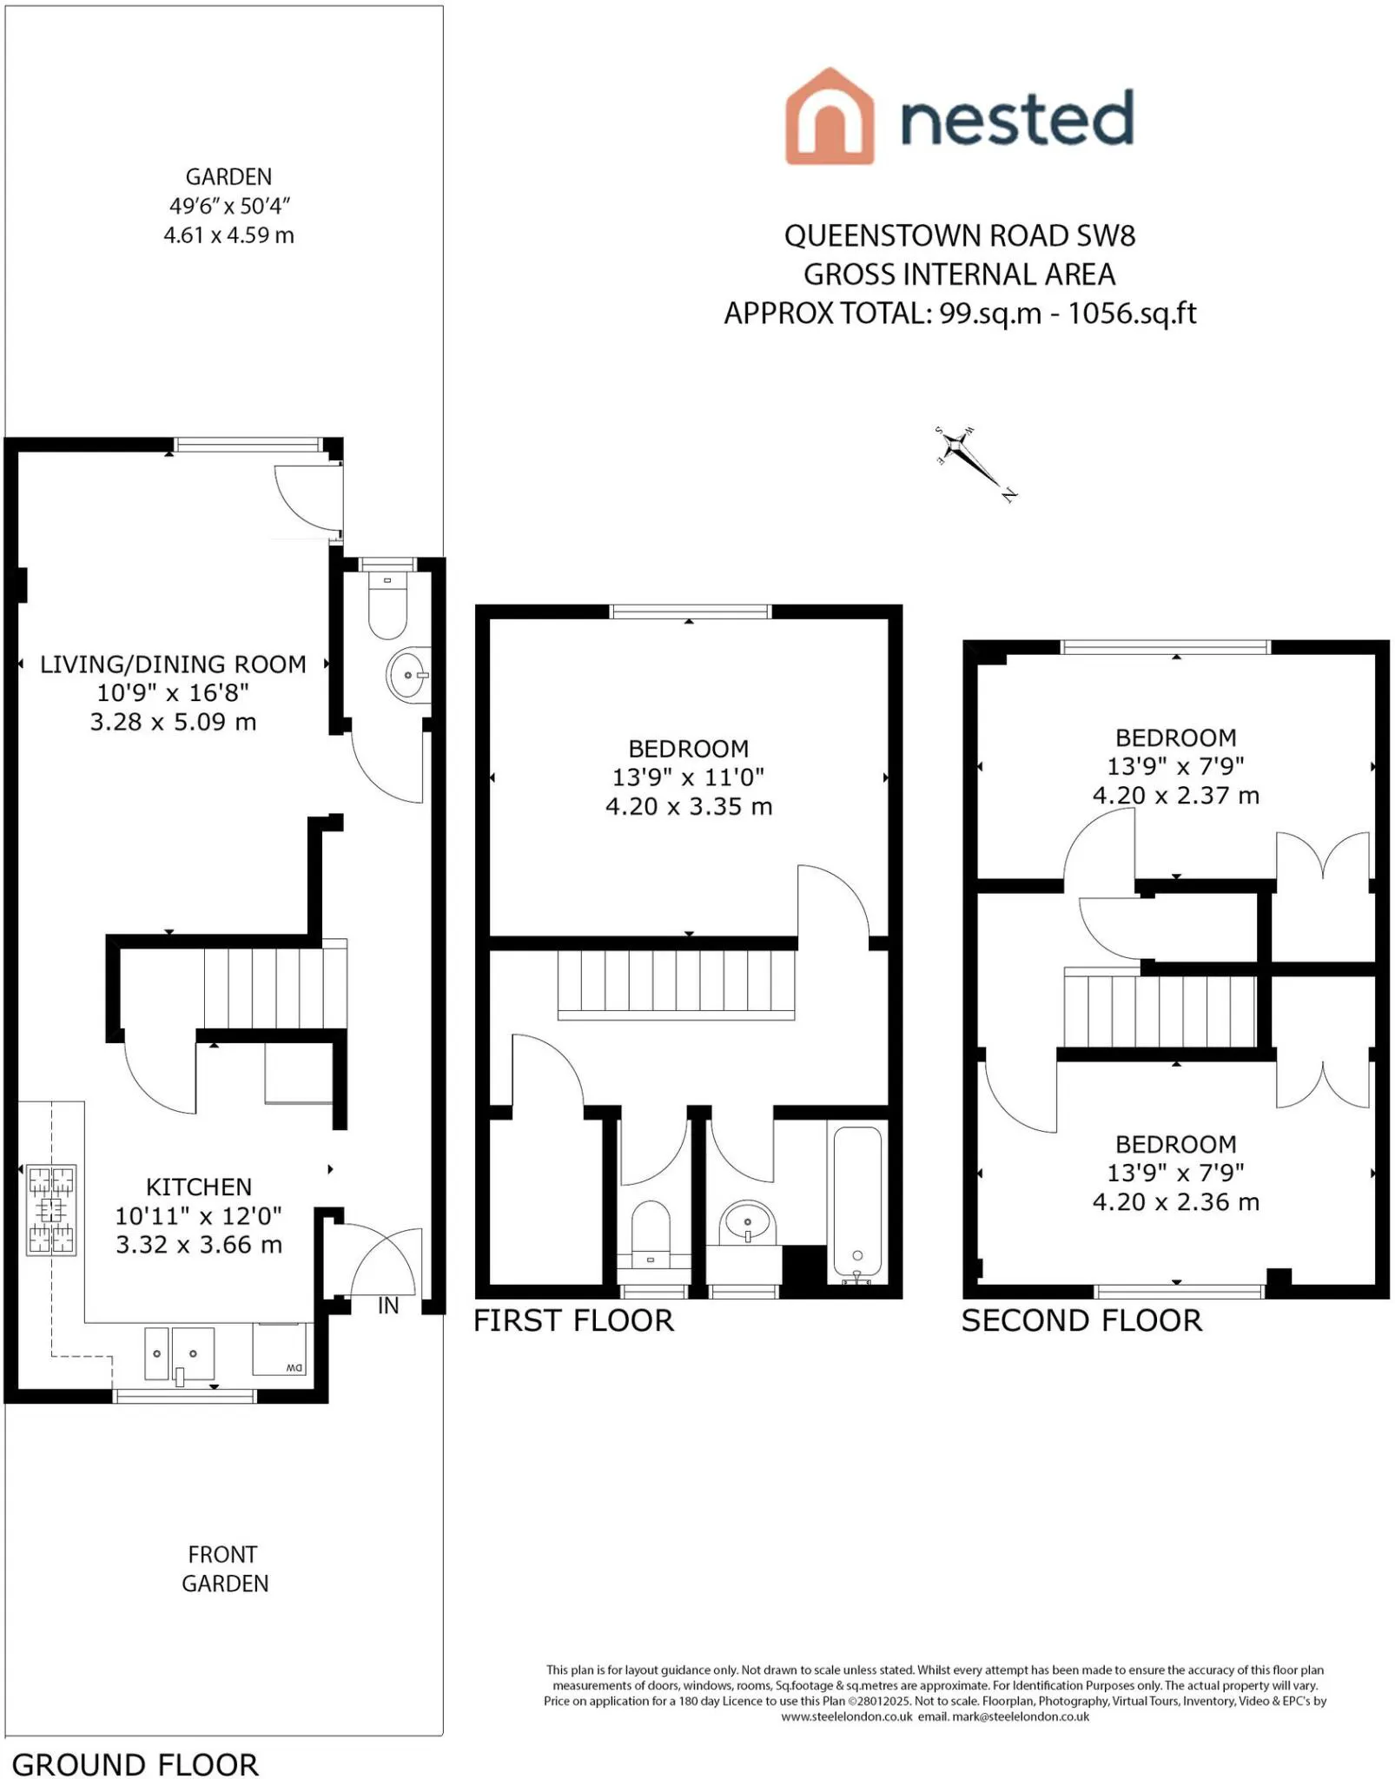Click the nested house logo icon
click(829, 116)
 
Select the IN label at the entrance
click(388, 1306)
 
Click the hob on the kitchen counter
click(52, 1210)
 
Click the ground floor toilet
click(387, 605)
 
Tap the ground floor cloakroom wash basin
click(408, 675)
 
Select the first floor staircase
click(676, 985)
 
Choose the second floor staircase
click(1160, 1009)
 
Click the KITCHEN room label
click(199, 1187)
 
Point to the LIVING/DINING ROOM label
click(173, 665)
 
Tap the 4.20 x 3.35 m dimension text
click(689, 807)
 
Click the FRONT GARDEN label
click(225, 1569)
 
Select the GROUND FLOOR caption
click(136, 1765)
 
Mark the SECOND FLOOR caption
click(1081, 1321)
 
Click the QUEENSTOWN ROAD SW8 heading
click(960, 236)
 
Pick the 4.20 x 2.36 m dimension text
click(1176, 1202)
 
